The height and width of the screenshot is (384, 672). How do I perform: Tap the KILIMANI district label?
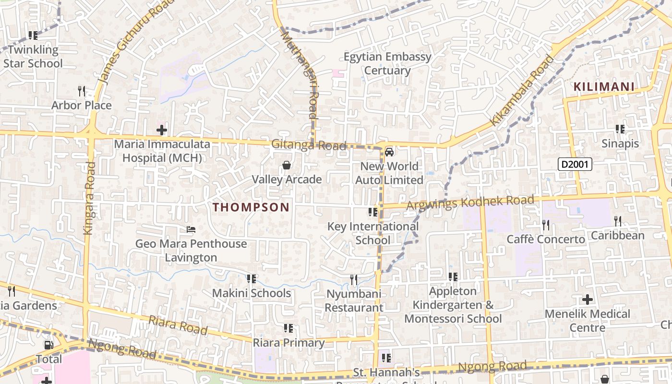[x=604, y=87]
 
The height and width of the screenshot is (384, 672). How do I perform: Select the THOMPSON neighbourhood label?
[x=251, y=207]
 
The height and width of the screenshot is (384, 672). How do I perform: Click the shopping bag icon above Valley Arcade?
[x=287, y=166]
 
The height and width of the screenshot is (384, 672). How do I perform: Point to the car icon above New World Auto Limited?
[x=389, y=152]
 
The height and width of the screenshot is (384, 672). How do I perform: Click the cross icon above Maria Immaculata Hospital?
[x=162, y=130]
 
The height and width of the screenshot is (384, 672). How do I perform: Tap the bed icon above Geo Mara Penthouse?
[x=191, y=229]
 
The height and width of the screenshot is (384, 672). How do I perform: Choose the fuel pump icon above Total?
[x=48, y=345]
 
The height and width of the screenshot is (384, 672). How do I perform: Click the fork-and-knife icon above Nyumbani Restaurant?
[x=354, y=279]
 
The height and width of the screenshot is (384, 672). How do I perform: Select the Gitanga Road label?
[x=309, y=145]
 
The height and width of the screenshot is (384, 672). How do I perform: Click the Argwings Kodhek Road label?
[x=470, y=202]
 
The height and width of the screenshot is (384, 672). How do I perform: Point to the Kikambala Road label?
[x=522, y=91]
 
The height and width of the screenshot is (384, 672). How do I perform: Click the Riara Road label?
[x=178, y=325]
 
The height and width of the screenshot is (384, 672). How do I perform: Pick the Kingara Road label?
[x=89, y=198]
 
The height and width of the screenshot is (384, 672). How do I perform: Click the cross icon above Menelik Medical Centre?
[x=588, y=300]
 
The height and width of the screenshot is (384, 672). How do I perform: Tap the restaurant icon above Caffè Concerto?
[x=545, y=225]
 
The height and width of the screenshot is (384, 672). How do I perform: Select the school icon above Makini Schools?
[x=251, y=279]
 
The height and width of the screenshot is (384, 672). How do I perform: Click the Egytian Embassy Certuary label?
[x=387, y=64]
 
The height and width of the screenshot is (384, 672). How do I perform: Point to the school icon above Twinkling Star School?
[x=33, y=36]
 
